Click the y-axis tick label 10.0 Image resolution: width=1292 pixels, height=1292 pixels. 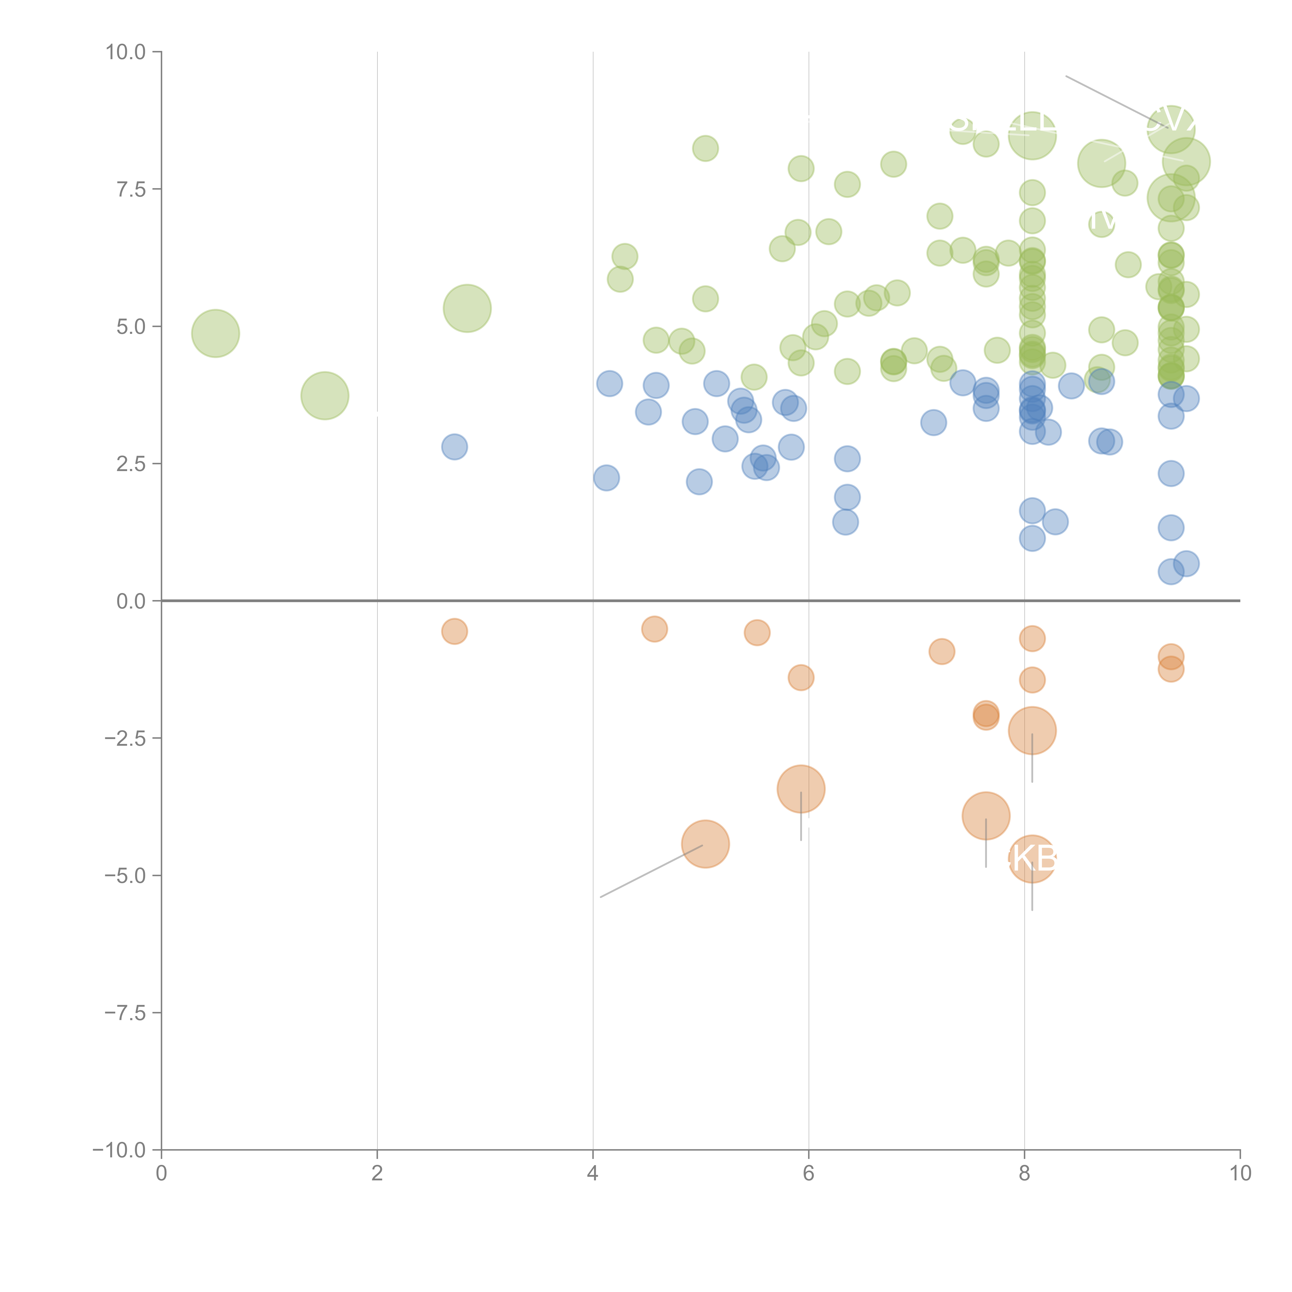(126, 52)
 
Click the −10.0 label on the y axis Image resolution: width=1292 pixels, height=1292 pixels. (120, 1150)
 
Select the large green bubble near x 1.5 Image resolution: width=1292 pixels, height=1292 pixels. (324, 396)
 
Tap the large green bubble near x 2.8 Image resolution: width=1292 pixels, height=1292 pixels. (467, 308)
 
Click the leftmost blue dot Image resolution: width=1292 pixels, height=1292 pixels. (454, 447)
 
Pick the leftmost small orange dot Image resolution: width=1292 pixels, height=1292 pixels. (454, 631)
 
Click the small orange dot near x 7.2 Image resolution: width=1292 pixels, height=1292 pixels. (942, 651)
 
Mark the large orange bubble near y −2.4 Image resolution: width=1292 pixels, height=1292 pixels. (1032, 730)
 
